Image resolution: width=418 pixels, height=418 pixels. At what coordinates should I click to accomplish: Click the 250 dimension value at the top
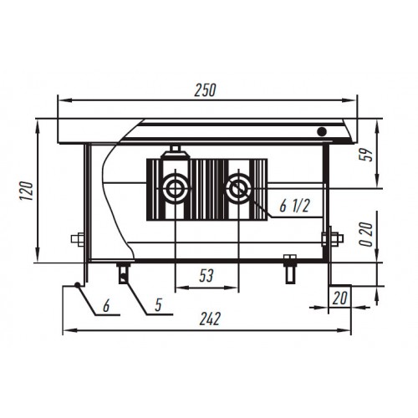coord(205,89)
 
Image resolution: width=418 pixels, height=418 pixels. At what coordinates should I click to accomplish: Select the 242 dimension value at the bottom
coord(210,319)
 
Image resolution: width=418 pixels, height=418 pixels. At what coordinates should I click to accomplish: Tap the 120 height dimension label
coord(27,191)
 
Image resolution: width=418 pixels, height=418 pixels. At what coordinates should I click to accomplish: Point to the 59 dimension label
coord(366,155)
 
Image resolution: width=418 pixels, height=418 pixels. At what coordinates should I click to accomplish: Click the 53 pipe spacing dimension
coord(206,275)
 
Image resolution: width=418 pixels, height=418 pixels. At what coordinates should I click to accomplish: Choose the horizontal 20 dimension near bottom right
coord(339,298)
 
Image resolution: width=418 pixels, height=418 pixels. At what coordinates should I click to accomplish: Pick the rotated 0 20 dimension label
coord(366,234)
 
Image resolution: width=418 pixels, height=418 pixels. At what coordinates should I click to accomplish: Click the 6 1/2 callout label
coord(294,206)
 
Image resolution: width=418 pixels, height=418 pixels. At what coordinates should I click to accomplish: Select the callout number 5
coord(158,305)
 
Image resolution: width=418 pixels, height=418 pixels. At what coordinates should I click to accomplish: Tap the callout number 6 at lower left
coord(106,306)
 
